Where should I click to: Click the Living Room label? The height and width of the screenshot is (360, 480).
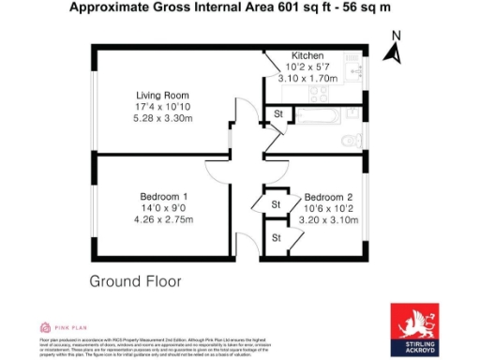(x=162, y=95)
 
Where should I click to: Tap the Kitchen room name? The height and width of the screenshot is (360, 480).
(x=307, y=55)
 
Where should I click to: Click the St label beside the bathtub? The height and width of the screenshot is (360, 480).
(x=277, y=114)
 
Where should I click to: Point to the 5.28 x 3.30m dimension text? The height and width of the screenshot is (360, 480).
(x=162, y=118)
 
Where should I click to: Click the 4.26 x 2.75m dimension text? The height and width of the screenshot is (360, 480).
(x=162, y=220)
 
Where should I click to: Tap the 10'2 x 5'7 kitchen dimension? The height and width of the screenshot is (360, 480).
(x=307, y=67)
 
